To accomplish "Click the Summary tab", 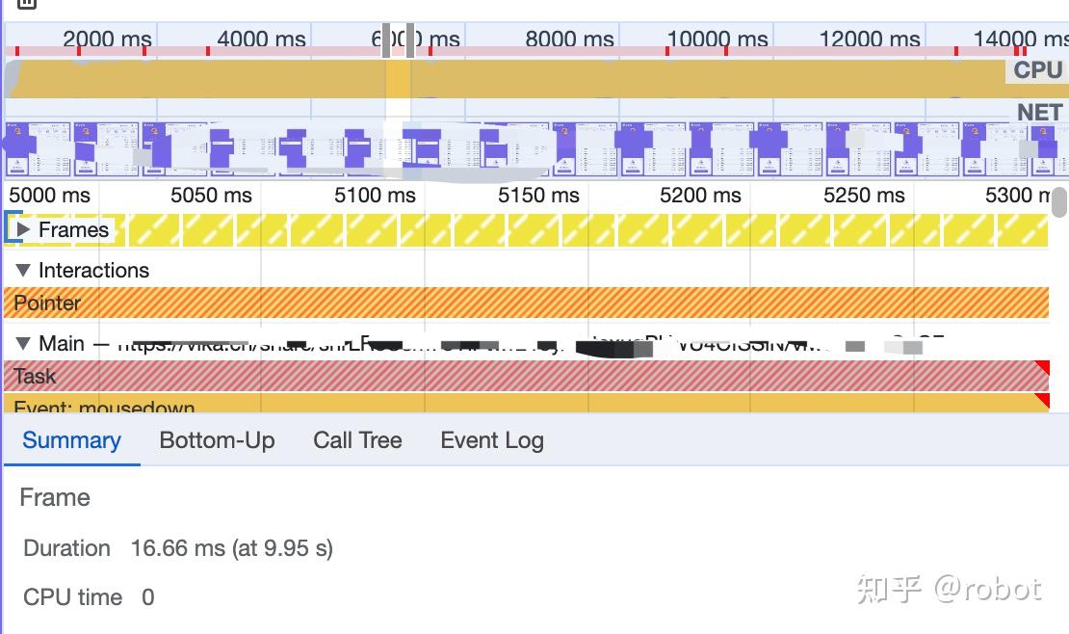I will [71, 440].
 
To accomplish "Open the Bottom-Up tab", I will [217, 440].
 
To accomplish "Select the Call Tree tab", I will [357, 440].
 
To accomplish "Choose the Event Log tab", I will [491, 440].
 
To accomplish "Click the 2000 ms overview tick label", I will [107, 40].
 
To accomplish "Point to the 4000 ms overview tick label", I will [261, 40].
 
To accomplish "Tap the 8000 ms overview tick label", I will [569, 40].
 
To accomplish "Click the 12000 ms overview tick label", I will [870, 40].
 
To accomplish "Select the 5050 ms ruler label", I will [211, 195].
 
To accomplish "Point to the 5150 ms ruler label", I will [538, 195].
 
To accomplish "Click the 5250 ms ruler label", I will [864, 195].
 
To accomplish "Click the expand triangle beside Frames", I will [24, 230].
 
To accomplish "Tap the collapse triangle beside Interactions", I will [24, 271].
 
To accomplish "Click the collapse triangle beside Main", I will [24, 344].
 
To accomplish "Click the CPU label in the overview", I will [1037, 70].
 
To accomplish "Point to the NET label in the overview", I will [1039, 113].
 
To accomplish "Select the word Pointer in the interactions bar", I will [47, 303].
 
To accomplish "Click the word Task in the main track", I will [35, 376].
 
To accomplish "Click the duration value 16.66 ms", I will [177, 548].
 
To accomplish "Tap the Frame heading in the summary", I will [55, 498].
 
